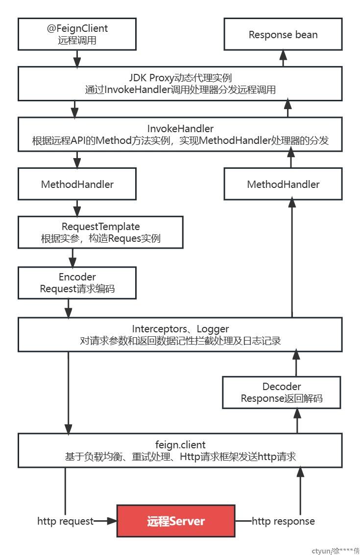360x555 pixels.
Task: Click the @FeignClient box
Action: (x=77, y=34)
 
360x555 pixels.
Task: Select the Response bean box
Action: (x=283, y=34)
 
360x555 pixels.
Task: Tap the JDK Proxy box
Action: (x=180, y=84)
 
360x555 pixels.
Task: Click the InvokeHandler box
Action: (x=180, y=135)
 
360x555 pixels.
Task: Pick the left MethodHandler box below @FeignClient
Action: (x=77, y=184)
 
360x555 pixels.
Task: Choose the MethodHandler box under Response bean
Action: (x=283, y=184)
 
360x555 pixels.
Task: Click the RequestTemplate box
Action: (x=100, y=232)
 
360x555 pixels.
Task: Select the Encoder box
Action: (x=77, y=283)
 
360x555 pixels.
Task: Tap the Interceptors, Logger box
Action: (x=180, y=334)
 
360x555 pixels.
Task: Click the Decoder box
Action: (x=282, y=392)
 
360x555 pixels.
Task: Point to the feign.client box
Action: (x=180, y=450)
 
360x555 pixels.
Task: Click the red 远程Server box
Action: (x=176, y=521)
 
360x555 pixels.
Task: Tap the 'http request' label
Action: (x=65, y=521)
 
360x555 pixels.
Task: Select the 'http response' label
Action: (x=283, y=521)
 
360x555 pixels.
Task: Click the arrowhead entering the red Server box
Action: (x=112, y=521)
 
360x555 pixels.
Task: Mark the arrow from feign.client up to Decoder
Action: (x=297, y=421)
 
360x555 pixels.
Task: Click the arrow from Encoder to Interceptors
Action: (x=69, y=308)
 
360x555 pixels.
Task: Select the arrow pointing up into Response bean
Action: (x=283, y=58)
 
